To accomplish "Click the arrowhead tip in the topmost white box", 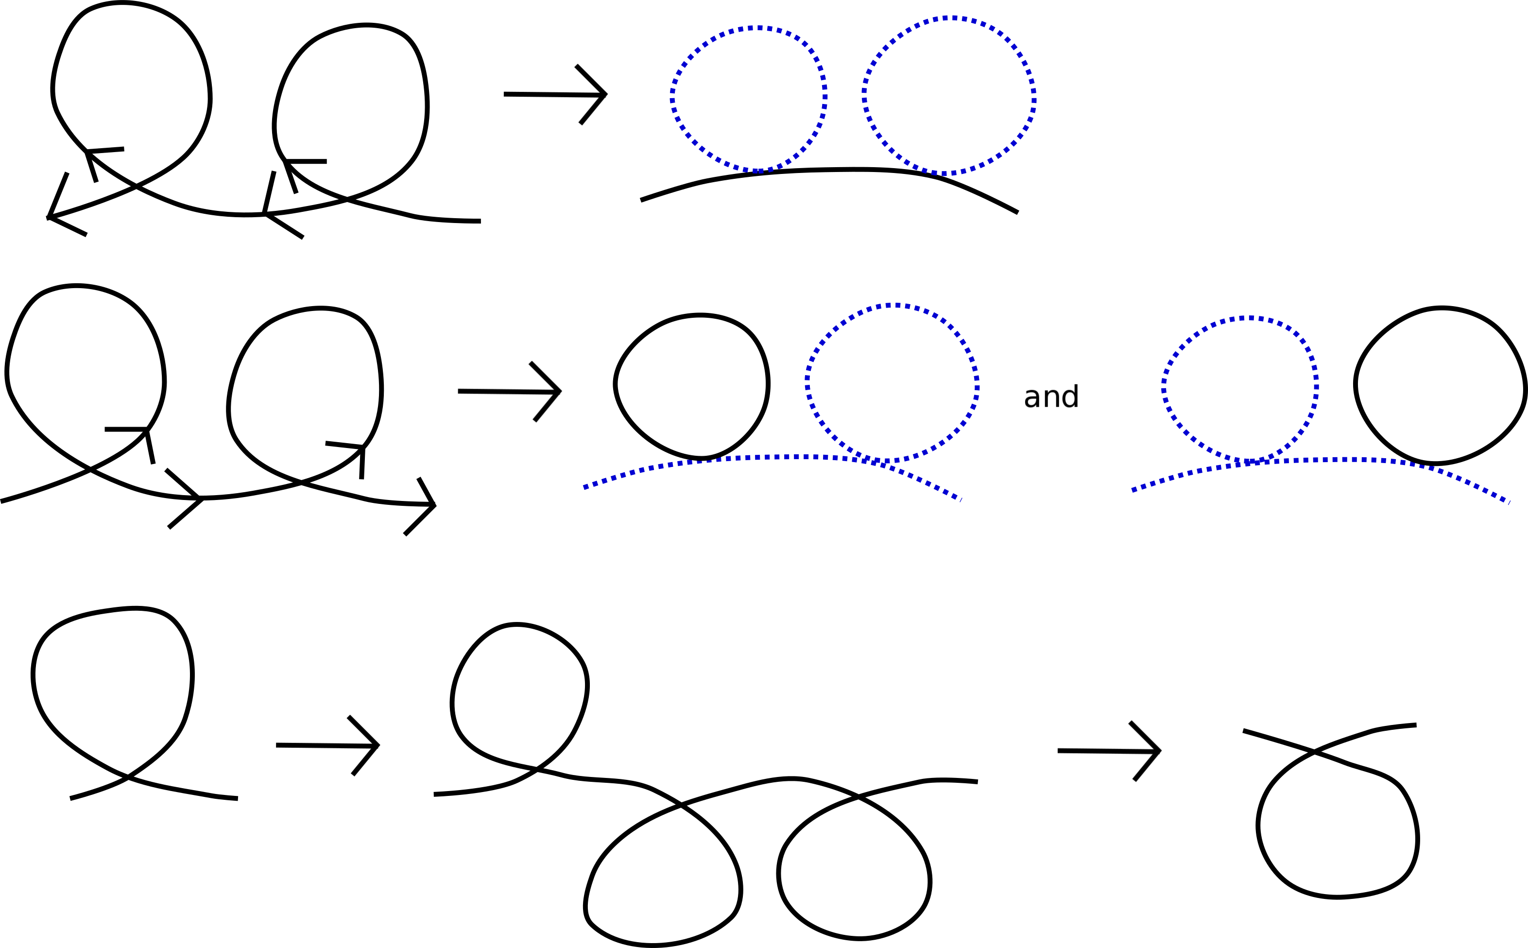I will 605,94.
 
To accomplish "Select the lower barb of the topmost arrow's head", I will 592,110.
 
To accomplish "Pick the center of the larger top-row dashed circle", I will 949,96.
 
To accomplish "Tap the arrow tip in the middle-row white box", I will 560,391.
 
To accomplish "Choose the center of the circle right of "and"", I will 1240,391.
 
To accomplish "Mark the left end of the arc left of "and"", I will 584,488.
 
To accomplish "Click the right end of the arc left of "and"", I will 961,500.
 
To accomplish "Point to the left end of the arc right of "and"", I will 1133,491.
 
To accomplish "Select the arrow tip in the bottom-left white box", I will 378,745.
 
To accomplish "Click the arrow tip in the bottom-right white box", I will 1159,751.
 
